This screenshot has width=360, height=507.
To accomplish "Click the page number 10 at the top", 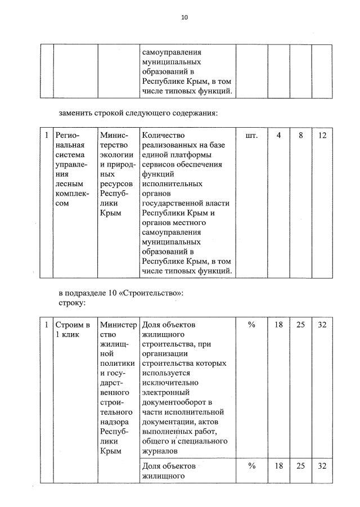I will pos(184,17).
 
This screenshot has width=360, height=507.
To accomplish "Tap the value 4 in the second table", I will pos(278,136).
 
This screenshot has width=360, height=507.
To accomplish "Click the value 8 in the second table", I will pos(300,136).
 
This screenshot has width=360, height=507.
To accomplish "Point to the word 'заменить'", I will pos(76,113).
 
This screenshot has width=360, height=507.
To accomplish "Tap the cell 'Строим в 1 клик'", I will pos(73,330).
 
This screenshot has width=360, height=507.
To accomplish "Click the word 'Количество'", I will pos(164,136).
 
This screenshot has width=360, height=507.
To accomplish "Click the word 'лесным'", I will pos(67,183).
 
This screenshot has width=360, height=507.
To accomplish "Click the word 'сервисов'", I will pos(159,164).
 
